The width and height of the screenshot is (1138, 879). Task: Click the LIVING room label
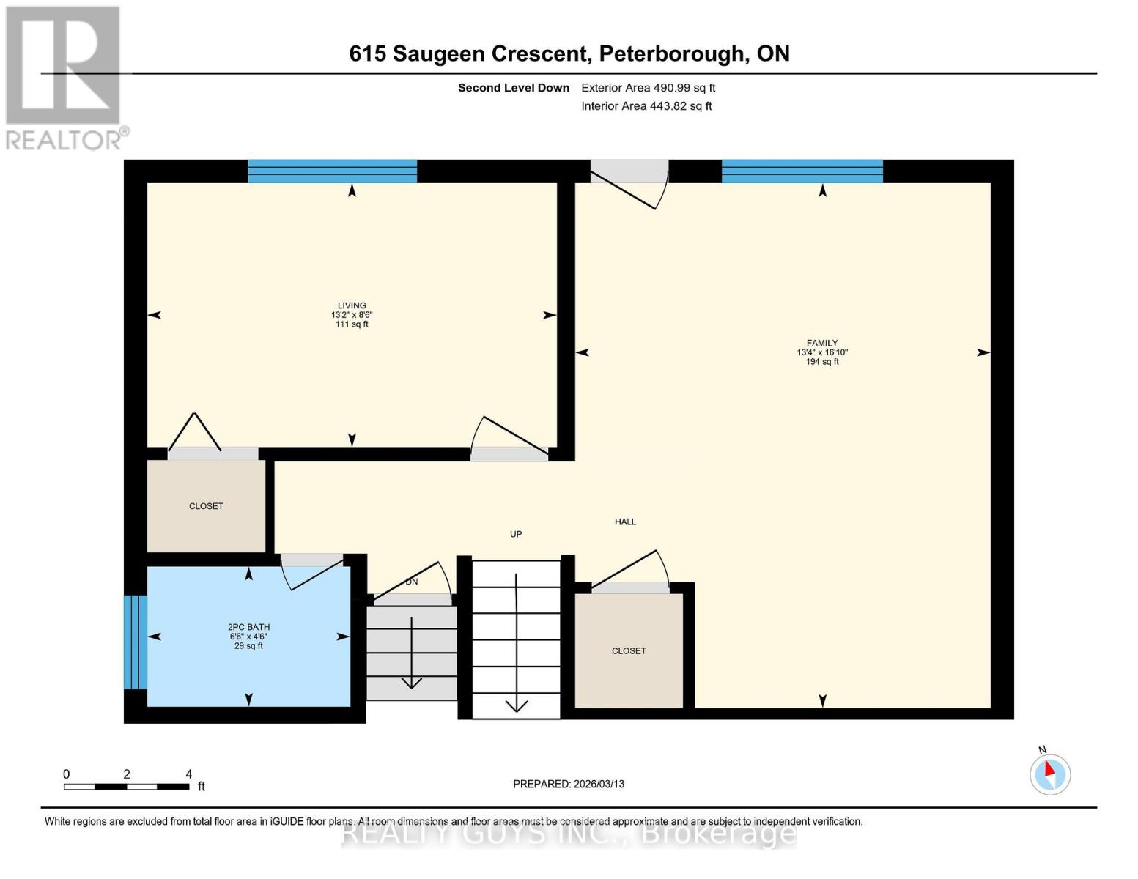[x=352, y=305]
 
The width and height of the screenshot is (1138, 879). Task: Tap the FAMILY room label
[x=822, y=343]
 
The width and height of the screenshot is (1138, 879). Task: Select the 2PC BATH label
[x=248, y=627]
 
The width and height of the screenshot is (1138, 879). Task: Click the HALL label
[x=625, y=522]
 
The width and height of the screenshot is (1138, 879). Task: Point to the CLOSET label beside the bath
[x=206, y=506]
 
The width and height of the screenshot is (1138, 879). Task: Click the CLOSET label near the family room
[x=629, y=650]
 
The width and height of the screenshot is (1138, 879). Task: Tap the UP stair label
[x=516, y=534]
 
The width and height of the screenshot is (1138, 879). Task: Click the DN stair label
[x=412, y=582]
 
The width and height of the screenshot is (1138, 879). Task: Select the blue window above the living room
[x=333, y=171]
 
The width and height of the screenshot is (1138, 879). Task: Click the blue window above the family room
[x=802, y=171]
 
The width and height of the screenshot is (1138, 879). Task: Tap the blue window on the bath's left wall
[x=135, y=642]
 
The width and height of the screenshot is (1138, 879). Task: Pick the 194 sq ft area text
[x=822, y=362]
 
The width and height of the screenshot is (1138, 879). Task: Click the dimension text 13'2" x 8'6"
[x=352, y=315]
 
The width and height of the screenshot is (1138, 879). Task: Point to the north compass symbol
[x=1050, y=774]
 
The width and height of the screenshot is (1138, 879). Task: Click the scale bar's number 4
[x=189, y=774]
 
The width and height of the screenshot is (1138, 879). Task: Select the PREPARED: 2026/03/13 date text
[x=569, y=784]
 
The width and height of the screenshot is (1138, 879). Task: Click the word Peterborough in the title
[x=672, y=53]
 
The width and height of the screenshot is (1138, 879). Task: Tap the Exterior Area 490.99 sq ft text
[x=648, y=88]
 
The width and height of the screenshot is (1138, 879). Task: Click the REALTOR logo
[x=63, y=78]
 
